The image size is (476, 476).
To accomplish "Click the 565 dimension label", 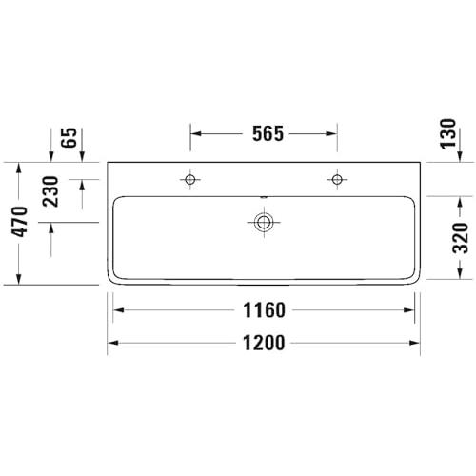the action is [x=268, y=133].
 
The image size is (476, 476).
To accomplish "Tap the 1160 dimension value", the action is [x=264, y=310].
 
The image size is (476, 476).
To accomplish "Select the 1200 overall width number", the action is [x=264, y=343].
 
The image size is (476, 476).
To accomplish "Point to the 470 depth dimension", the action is [x=20, y=222].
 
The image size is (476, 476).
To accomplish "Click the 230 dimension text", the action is [x=50, y=191].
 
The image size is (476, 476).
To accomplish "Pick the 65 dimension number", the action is [x=69, y=138].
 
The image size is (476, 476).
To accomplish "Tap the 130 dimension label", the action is [x=447, y=133].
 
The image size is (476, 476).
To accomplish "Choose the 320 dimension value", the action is [x=460, y=238].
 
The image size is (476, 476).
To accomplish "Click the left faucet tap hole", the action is [x=190, y=180].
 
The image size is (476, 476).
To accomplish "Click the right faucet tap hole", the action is [x=337, y=180].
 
